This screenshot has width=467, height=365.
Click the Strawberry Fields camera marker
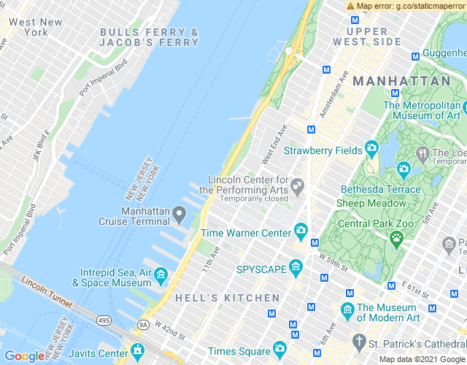(371, 150)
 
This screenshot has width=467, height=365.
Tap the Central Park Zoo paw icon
(396, 237)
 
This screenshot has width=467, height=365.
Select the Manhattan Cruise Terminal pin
(180, 212)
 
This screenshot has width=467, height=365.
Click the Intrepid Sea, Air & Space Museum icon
(161, 275)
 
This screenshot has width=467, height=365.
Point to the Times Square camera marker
(279, 349)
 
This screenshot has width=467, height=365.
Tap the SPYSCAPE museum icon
(296, 269)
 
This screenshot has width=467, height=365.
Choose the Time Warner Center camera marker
(301, 233)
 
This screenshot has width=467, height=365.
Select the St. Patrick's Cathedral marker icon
(358, 341)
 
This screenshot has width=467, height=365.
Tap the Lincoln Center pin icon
(297, 188)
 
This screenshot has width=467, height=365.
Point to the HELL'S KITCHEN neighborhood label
(228, 298)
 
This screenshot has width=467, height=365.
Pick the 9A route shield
(143, 324)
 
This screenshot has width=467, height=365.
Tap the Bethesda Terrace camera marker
(404, 170)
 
